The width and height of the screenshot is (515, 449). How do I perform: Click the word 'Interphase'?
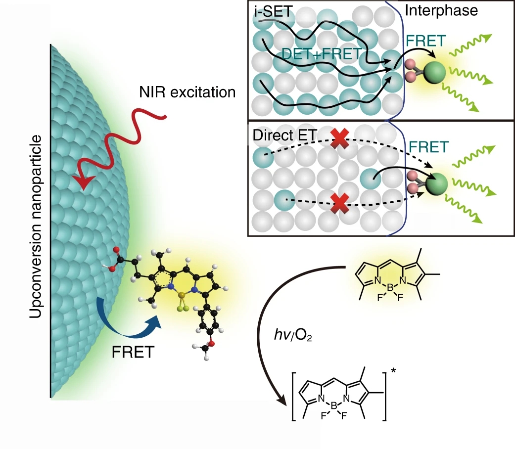coord(442,10)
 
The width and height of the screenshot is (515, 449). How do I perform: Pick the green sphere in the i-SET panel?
coord(434,73)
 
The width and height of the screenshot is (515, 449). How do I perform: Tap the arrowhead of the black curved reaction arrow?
coord(283,402)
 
